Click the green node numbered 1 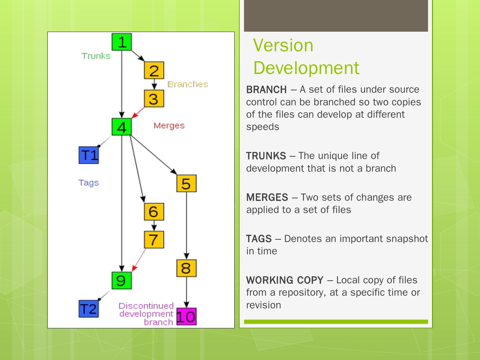click(x=122, y=42)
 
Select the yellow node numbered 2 click(x=154, y=70)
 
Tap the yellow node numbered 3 click(x=154, y=99)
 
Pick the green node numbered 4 click(x=122, y=127)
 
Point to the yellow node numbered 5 click(x=186, y=183)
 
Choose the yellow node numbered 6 click(x=154, y=212)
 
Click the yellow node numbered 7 click(x=154, y=240)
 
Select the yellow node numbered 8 click(x=186, y=268)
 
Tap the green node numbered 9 click(x=122, y=280)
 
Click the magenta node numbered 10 click(x=186, y=317)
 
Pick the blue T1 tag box click(x=89, y=155)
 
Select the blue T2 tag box click(x=89, y=309)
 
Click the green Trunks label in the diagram click(x=96, y=56)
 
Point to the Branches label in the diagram click(x=188, y=84)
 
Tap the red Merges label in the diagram click(x=169, y=126)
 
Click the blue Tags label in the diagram click(x=89, y=183)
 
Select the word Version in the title click(x=283, y=45)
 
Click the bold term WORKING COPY click(x=285, y=280)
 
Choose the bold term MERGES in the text click(x=267, y=197)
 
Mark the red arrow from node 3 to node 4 click(x=139, y=112)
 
